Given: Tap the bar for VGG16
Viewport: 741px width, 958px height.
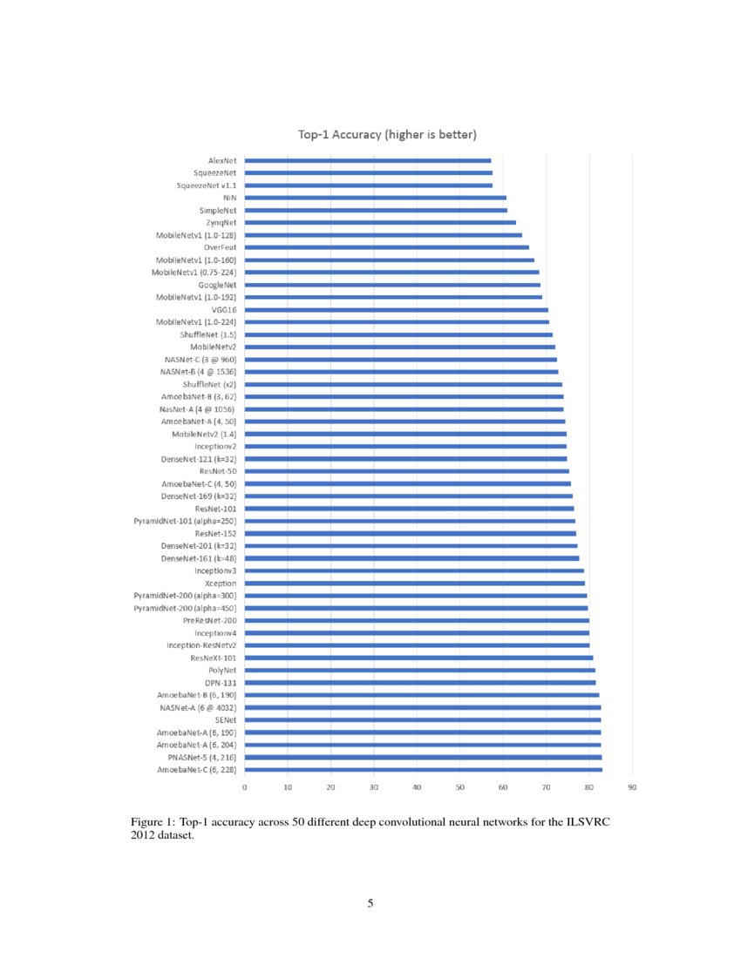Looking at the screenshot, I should (x=397, y=310).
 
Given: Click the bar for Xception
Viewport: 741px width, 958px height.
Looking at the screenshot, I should (x=415, y=584).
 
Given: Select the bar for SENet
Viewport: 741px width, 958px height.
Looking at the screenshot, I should (x=423, y=720).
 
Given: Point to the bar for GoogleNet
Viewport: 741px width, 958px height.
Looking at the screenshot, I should (x=392, y=285).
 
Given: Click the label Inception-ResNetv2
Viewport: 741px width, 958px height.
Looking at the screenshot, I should (x=201, y=645).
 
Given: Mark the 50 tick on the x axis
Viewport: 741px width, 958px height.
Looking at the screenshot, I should (x=460, y=787).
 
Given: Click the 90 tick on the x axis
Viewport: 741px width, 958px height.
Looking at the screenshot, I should (x=632, y=787).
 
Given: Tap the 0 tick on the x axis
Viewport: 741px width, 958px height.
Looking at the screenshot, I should (x=245, y=787).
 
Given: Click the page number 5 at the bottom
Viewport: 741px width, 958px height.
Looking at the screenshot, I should (x=370, y=904).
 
